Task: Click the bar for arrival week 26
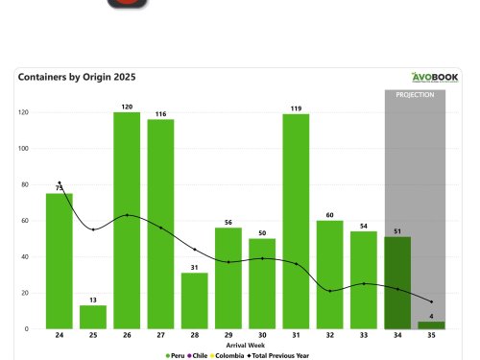127,221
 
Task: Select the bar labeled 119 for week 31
296,222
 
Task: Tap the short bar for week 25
93,317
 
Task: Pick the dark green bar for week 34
397,283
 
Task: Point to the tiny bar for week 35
431,325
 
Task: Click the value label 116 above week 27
160,113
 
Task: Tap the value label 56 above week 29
228,221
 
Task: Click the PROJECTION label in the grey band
415,95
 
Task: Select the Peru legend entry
180,355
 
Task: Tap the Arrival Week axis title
245,345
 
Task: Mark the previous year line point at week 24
60,183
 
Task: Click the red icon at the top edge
128,4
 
